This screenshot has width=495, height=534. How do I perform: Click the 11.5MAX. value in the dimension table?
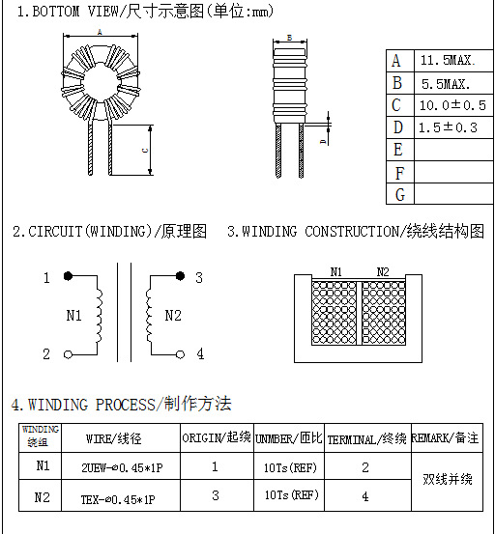click(448, 60)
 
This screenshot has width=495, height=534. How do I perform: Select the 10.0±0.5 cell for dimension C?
click(452, 105)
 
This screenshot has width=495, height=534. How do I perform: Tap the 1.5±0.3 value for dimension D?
click(448, 127)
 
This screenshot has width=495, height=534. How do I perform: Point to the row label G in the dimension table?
click(400, 194)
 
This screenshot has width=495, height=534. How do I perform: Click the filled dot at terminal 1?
click(69, 276)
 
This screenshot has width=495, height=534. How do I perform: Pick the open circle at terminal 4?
click(180, 354)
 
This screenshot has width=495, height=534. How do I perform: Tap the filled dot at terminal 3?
click(180, 276)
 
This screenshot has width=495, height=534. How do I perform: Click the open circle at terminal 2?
click(69, 354)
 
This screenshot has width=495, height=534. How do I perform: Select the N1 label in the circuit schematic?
click(73, 316)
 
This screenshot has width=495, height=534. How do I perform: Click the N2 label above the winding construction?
click(383, 271)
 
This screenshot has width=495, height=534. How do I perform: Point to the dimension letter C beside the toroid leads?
click(145, 151)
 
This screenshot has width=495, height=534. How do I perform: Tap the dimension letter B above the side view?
click(289, 38)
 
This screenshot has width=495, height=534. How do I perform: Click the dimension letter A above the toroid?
click(100, 32)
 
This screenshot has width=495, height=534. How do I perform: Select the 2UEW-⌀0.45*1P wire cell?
click(122, 468)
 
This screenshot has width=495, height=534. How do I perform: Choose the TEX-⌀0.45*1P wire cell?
click(118, 499)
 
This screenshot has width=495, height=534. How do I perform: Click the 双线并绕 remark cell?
click(448, 479)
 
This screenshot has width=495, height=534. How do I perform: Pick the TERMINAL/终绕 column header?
click(366, 439)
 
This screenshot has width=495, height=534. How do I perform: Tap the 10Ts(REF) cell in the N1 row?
click(290, 468)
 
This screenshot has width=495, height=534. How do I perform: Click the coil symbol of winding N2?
click(149, 316)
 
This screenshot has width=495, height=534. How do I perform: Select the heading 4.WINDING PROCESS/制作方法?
click(122, 405)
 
